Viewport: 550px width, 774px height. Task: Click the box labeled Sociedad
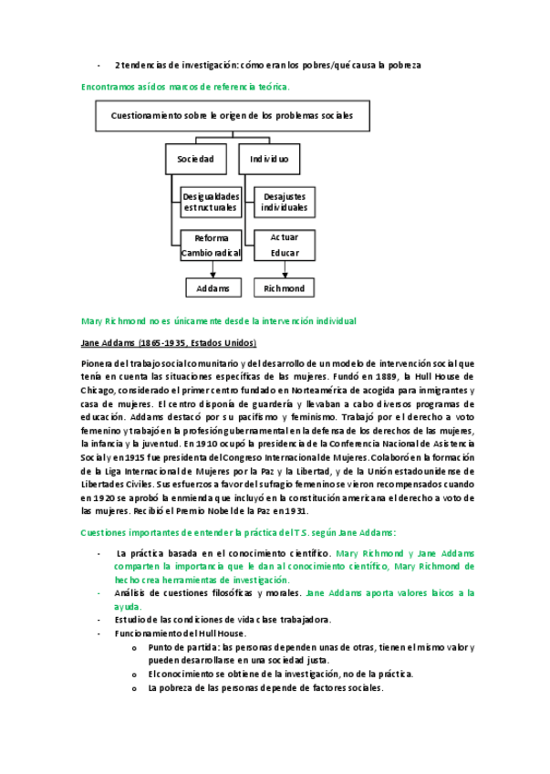(x=195, y=159)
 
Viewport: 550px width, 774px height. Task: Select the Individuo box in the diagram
(x=269, y=159)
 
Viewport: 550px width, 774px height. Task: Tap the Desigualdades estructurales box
(x=211, y=202)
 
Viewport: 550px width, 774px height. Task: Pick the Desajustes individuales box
(x=285, y=202)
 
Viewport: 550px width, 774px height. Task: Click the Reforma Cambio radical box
(x=211, y=245)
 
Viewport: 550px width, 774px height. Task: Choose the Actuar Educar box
(x=285, y=245)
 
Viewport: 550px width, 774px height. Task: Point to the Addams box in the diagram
(x=213, y=288)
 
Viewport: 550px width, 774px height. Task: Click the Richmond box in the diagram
(x=285, y=288)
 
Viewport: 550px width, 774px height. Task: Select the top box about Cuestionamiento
(x=226, y=116)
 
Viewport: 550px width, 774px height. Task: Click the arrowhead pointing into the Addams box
(x=213, y=275)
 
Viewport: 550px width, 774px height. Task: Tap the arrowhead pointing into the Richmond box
(x=285, y=275)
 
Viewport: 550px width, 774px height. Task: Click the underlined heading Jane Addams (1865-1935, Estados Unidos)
(x=169, y=342)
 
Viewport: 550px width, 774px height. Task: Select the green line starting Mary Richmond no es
(x=218, y=320)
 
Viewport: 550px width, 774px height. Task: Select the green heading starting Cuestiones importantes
(x=238, y=532)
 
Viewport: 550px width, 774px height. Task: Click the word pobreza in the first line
(x=401, y=65)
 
